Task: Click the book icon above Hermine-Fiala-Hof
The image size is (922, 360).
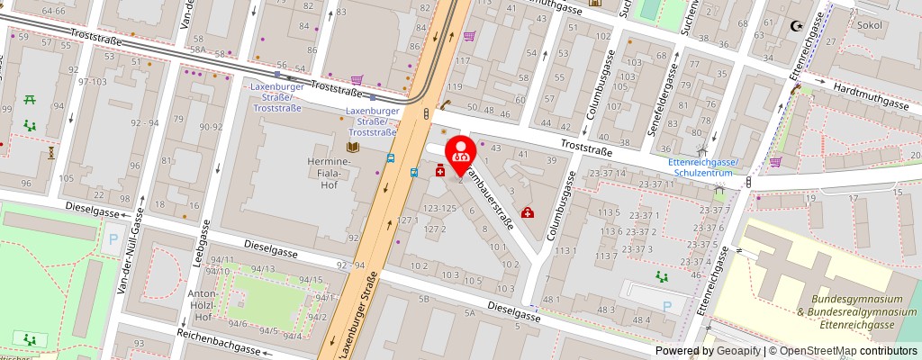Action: tap(353, 147)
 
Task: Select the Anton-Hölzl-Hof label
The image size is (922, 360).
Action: tap(201, 305)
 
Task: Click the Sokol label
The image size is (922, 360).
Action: tap(871, 27)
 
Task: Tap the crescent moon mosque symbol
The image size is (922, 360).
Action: tap(795, 27)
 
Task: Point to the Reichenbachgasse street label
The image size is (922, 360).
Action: tap(219, 341)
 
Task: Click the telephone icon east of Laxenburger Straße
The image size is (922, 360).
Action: tap(446, 103)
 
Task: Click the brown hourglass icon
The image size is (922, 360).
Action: tap(51, 151)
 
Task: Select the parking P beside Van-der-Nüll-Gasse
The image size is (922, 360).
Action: tap(113, 240)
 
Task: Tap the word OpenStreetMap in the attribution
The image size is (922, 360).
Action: tap(819, 351)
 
